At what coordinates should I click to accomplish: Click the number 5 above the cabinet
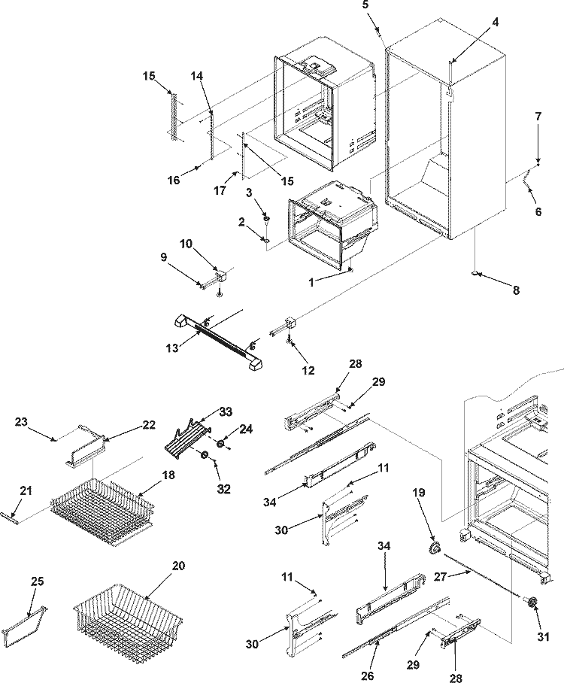(365, 5)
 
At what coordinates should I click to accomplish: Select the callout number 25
(37, 583)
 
